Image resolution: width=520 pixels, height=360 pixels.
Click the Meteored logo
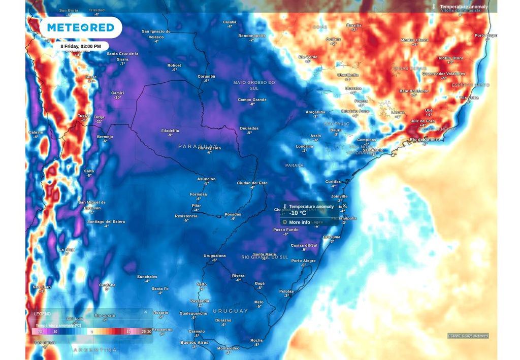pos(81,27)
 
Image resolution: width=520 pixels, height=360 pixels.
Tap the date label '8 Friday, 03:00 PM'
pos(81,46)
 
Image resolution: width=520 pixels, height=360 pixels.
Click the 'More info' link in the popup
pos(299,222)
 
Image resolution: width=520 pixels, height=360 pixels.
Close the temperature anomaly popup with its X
pos(344,206)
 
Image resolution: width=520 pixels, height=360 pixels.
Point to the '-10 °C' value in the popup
pos(298,213)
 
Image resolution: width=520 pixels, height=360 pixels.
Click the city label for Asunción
pos(206,179)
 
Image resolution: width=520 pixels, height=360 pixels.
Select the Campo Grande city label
pos(252,100)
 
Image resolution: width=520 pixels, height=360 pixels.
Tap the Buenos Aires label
pos(194,343)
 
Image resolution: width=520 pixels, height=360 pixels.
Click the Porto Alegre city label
pos(303,261)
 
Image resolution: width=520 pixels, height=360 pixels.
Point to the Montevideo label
pos(228,348)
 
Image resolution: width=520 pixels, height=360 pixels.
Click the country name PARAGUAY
pos(198,146)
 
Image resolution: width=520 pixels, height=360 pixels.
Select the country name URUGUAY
pos(230,311)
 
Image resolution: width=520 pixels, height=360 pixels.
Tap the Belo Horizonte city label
pos(414,91)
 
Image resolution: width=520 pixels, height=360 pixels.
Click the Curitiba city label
pos(333,182)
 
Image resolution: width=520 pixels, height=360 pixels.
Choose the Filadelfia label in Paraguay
pos(170,130)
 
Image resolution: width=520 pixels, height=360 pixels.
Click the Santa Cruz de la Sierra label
pos(122,56)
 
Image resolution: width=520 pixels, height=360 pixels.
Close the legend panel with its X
pos(146,312)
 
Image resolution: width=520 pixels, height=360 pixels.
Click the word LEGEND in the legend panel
pos(43,314)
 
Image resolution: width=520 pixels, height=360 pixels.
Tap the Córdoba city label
pos(107,285)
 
